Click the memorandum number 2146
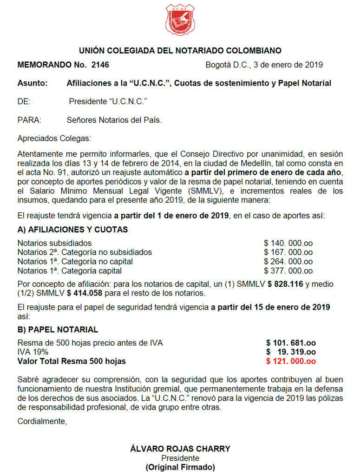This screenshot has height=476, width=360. click(100, 65)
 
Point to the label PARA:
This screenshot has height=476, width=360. click(29, 120)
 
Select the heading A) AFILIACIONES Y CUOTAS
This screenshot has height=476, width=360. click(72, 230)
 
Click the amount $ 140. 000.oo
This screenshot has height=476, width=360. click(288, 243)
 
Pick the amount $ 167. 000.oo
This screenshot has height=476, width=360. click(288, 252)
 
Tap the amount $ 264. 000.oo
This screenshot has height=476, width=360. click(288, 262)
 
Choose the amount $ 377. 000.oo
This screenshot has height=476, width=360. click(288, 271)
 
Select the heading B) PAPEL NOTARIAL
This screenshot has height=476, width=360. click(58, 330)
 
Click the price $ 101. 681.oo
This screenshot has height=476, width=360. click(291, 343)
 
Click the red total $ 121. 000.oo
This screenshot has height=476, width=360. click(291, 361)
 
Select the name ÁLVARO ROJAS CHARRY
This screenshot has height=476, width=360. click(180, 449)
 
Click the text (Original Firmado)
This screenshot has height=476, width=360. click(180, 467)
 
